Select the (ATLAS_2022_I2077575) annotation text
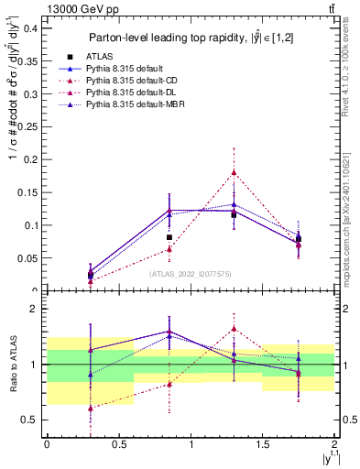click(190, 273)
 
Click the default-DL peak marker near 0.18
click(234, 172)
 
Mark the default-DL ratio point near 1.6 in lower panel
click(234, 329)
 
